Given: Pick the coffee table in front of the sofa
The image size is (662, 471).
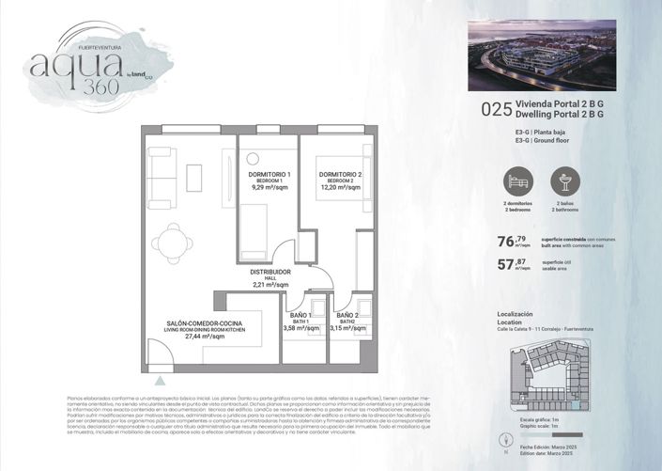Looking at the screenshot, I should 194,178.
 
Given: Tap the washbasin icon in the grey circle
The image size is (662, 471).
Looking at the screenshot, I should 565,181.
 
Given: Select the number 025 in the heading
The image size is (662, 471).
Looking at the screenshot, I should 495,109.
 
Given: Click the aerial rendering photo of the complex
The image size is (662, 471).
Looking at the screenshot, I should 541,55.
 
